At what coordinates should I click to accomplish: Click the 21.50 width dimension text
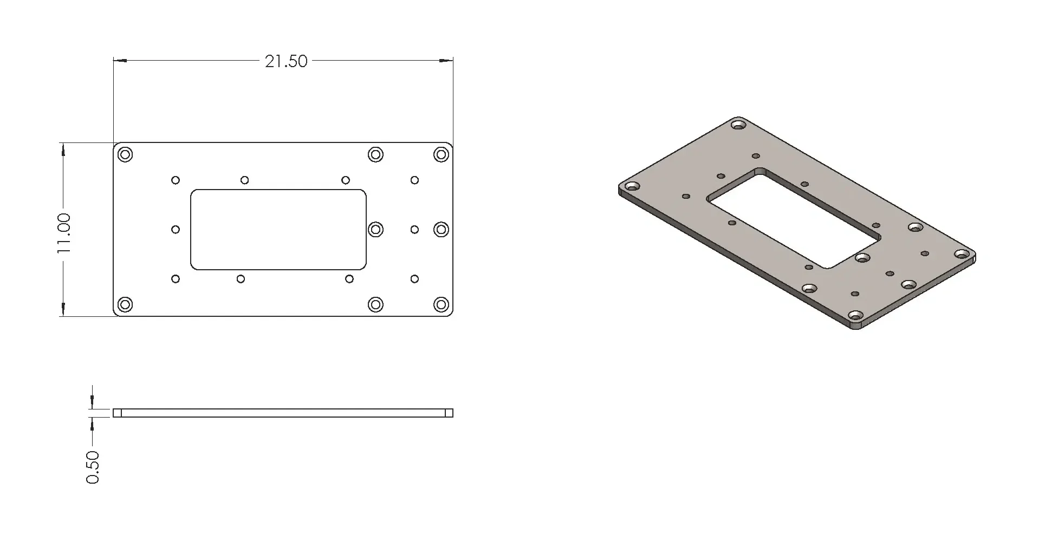(x=285, y=61)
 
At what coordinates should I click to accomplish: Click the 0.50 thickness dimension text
(x=93, y=467)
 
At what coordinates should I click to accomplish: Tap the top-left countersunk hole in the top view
(x=126, y=155)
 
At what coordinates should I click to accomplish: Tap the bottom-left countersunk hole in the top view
(x=126, y=304)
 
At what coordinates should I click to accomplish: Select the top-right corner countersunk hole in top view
(x=442, y=155)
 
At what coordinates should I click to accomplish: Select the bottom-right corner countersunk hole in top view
(x=442, y=304)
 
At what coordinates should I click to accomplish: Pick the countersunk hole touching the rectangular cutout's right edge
(x=375, y=230)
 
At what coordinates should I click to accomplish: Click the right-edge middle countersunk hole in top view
(x=442, y=230)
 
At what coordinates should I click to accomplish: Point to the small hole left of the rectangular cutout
(x=176, y=230)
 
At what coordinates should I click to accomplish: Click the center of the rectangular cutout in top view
(x=278, y=230)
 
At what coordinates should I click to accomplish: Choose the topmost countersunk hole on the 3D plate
(x=738, y=125)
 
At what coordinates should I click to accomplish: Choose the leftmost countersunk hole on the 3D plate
(x=632, y=187)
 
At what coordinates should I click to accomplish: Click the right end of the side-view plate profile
(x=449, y=413)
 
